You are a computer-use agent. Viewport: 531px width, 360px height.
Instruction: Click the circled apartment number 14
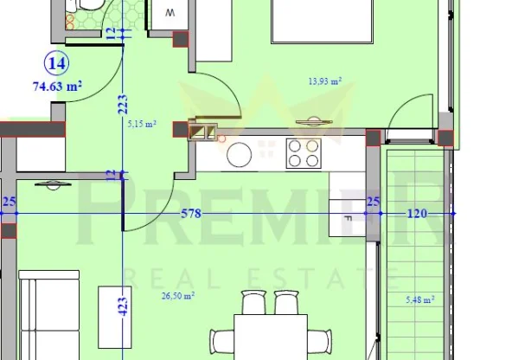(x=60, y=63)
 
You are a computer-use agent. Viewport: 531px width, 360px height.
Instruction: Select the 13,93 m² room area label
(x=324, y=81)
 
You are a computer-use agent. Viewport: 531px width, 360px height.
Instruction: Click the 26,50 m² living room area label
(x=176, y=295)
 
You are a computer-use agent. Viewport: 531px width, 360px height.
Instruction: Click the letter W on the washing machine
(x=170, y=13)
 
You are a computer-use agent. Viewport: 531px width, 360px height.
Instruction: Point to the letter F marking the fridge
(x=347, y=219)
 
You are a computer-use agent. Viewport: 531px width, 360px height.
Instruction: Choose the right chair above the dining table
(x=286, y=303)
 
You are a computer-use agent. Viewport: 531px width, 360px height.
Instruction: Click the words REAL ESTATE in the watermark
(x=263, y=278)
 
